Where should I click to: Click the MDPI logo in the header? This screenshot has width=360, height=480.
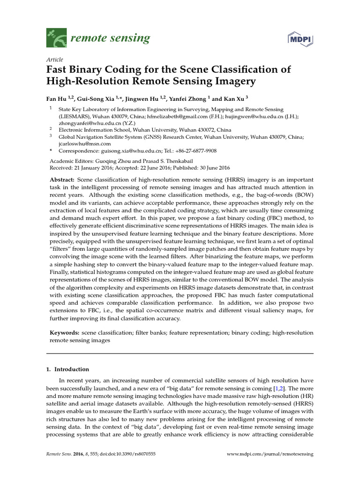(299, 39)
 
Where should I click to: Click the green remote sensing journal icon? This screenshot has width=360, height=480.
(55, 38)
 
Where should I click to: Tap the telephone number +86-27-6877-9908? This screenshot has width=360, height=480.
(193, 151)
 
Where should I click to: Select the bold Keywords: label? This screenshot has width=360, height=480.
(65, 332)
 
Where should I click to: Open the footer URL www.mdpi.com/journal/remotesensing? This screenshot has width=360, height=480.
(270, 454)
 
